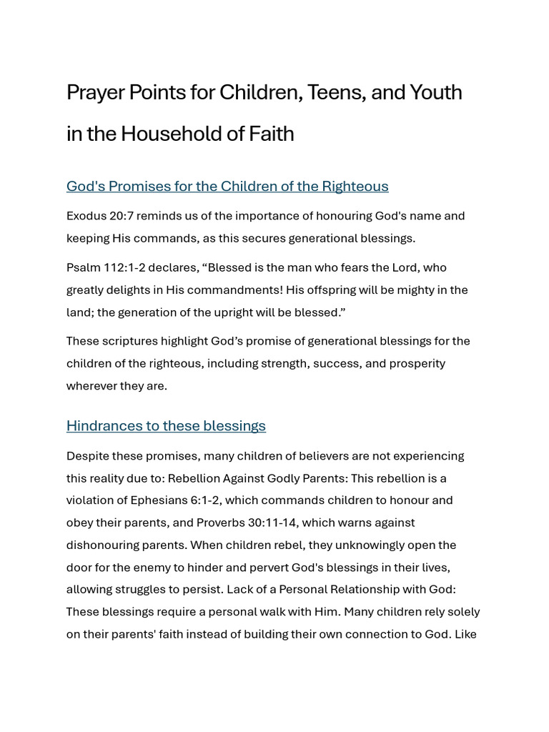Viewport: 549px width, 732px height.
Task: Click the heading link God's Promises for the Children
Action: (x=227, y=187)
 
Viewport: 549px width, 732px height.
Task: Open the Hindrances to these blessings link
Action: (x=166, y=426)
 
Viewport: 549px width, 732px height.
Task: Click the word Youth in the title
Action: (x=436, y=93)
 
